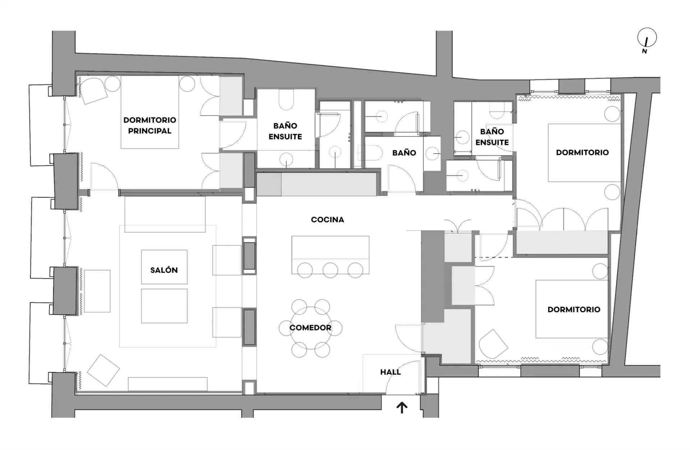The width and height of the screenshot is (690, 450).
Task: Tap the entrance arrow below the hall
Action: point(402,408)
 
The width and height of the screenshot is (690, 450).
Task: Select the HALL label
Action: point(390,372)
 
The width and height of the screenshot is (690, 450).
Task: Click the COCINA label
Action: point(327,219)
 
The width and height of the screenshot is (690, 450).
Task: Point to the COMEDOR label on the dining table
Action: point(310,328)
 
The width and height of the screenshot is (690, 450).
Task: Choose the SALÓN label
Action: point(164,270)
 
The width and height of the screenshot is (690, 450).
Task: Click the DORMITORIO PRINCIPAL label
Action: point(150,125)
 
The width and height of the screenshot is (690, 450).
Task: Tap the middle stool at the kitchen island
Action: point(330,271)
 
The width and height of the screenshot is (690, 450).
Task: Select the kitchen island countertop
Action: point(330,248)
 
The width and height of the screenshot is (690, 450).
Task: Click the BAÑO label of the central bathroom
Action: point(404,153)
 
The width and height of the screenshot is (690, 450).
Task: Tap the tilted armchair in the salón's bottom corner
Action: point(103,371)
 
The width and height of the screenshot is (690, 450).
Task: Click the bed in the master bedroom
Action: point(150,112)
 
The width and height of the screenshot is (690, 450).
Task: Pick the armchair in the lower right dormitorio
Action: point(493,344)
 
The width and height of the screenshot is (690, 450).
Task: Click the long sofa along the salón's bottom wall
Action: point(167,384)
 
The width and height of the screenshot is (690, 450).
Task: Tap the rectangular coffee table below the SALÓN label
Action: point(164,306)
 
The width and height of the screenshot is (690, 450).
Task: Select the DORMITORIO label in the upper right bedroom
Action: point(582,153)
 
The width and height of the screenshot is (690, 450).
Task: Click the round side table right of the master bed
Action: point(187,84)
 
